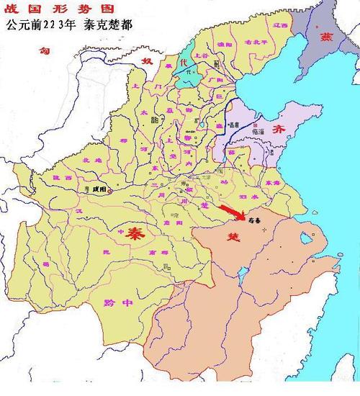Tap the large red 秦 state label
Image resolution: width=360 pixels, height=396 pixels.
[x=132, y=233]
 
